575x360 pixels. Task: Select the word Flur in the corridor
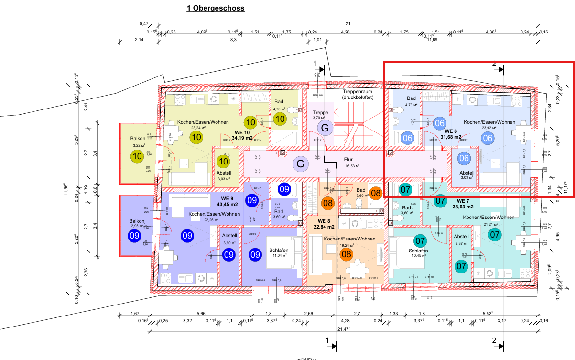point(348,160)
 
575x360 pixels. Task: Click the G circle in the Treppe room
point(325,128)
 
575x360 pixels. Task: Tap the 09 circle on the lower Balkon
point(134,235)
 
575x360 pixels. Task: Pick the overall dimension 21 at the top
point(348,24)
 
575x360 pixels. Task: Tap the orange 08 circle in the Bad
point(376,193)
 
